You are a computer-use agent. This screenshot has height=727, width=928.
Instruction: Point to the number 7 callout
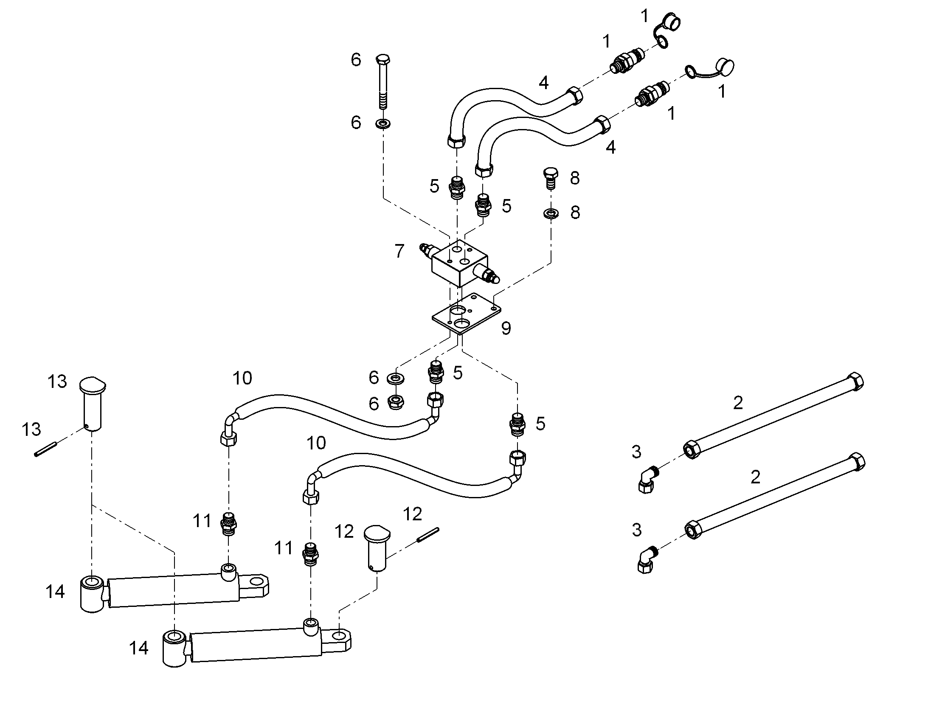click(399, 251)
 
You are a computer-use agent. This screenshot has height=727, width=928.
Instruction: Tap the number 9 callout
click(506, 328)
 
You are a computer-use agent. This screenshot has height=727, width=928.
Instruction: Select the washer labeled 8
click(551, 213)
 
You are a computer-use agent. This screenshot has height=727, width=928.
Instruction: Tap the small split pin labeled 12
click(428, 535)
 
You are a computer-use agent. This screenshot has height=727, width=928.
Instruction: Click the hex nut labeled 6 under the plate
click(396, 402)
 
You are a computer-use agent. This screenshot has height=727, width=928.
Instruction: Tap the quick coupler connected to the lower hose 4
click(652, 93)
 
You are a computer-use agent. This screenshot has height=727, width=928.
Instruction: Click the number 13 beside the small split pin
click(31, 429)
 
